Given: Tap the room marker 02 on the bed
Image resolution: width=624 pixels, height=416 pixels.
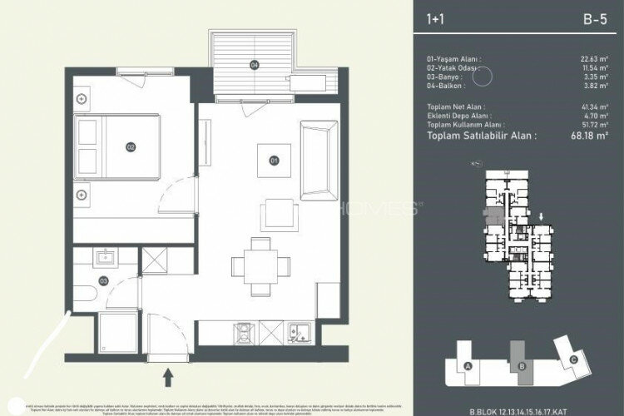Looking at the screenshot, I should coord(131,147).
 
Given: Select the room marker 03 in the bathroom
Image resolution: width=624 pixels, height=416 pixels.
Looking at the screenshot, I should coord(103,281).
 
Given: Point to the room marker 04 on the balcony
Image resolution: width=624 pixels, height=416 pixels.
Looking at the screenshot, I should coord(255,64).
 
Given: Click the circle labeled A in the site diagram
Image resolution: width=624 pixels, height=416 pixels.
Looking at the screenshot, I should coord(468,366).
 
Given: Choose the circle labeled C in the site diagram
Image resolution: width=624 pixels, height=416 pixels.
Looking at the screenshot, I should coord(573,359).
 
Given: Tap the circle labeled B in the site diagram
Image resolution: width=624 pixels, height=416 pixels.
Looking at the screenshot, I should coord(521,366).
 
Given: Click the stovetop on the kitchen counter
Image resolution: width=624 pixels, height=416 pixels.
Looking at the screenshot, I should coord(244,333).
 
